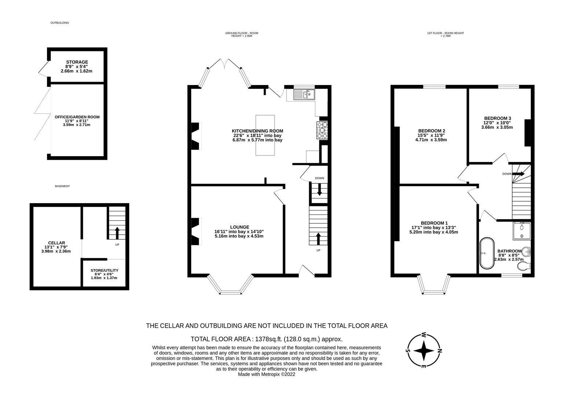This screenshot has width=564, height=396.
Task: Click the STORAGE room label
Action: coord(77,62)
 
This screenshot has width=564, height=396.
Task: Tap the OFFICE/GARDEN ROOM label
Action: coord(77,117)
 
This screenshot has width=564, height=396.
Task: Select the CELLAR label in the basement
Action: coord(57,243)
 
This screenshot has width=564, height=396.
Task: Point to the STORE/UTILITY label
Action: coord(104,270)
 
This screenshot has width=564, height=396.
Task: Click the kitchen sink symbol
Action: coord(304,95)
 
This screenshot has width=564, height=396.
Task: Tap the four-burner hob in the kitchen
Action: coord(322,130)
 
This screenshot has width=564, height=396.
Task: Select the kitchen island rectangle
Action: coord(265,135)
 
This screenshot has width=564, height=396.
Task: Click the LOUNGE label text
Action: coord(239,227)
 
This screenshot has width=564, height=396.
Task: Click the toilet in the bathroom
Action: coord(524,265)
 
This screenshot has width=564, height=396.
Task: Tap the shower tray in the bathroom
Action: coord(521,230)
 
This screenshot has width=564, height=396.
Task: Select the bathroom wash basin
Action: coord(527,252)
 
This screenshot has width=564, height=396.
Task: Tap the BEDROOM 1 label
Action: coord(434,223)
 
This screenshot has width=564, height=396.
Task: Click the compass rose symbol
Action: coord(424,350)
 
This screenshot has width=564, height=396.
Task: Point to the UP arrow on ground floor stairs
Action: coord(318,238)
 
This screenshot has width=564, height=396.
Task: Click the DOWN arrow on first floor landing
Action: coord(519,174)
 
